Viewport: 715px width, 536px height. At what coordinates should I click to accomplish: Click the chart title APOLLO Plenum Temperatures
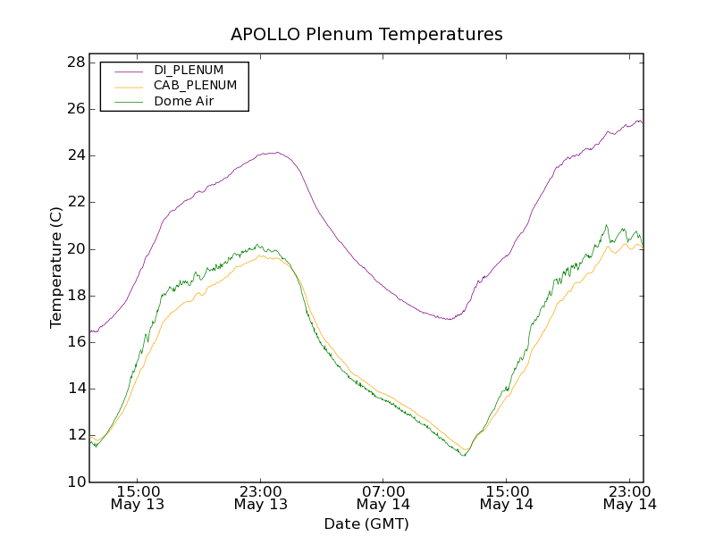pos(366,35)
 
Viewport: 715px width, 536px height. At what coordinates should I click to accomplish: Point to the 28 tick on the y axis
pos(75,63)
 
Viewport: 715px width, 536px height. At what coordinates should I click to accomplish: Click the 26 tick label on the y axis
pos(75,109)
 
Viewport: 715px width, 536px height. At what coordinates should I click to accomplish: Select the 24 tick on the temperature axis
pos(75,155)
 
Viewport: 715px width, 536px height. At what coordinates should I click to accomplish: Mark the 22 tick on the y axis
pos(75,202)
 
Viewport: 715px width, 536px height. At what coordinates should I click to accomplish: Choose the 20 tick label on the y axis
pos(75,249)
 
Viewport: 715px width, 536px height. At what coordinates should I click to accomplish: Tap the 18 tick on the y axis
pos(75,296)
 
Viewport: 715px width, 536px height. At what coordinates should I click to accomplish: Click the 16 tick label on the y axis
pos(75,342)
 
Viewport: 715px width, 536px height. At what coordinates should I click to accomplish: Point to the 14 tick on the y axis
pos(75,389)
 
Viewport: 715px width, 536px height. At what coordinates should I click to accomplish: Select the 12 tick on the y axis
pos(75,435)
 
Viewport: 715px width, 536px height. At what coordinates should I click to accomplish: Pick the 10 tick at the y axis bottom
pos(75,482)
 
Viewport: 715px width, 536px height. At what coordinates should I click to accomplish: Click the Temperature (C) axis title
pos(56,267)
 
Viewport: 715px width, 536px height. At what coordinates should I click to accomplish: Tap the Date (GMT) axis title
pos(366,523)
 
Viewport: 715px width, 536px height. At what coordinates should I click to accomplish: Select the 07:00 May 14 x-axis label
pos(383,498)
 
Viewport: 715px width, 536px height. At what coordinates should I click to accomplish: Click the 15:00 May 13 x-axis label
pos(138,498)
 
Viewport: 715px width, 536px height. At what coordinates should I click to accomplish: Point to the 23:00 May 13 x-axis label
pos(261,498)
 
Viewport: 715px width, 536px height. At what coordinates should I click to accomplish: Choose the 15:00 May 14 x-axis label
pos(507,498)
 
